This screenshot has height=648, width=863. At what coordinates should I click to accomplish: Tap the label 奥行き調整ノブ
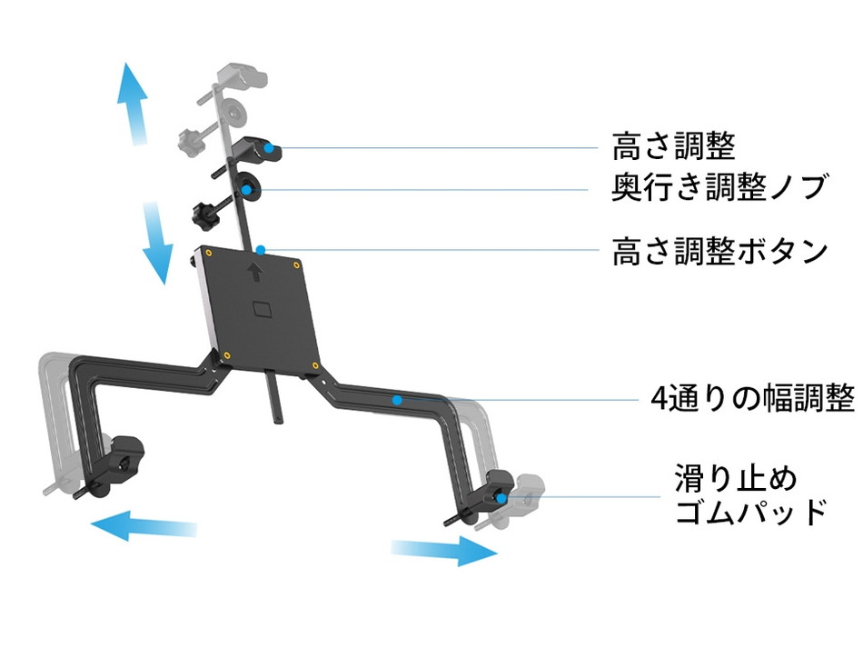(719, 188)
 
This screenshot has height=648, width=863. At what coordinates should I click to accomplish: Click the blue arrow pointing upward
(134, 105)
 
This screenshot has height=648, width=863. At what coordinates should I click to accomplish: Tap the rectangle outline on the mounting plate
(264, 309)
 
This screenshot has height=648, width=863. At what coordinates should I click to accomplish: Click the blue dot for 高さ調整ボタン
(260, 247)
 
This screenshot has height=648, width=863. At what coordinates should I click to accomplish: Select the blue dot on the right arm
(396, 399)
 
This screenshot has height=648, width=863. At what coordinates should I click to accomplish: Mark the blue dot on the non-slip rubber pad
(501, 497)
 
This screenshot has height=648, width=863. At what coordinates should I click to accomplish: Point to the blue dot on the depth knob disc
(247, 189)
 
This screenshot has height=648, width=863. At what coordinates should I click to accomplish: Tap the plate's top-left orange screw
(209, 252)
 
